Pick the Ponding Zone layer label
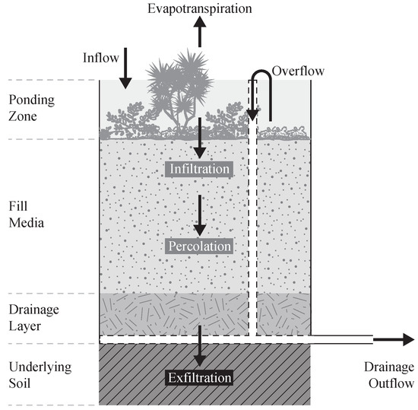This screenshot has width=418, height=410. pos(31,110)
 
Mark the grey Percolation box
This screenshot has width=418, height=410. pos(200,246)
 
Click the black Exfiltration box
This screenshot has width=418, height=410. pos(200,377)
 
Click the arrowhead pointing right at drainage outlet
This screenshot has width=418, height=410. pos(407,339)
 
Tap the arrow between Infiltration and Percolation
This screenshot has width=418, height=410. pos(200,216)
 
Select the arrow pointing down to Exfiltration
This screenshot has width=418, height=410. pos(200,346)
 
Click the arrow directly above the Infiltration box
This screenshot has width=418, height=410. pos(200,143)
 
